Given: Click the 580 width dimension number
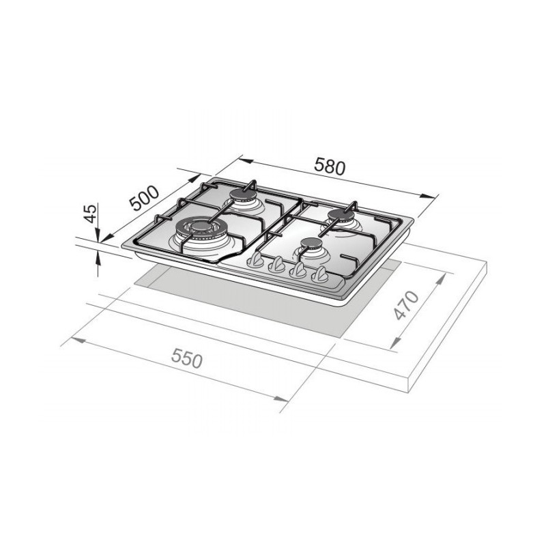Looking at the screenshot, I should tap(330, 166).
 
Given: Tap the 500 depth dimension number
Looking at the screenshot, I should tap(145, 198).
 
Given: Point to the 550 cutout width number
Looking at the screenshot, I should tap(187, 358).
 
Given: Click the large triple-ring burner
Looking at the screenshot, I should tap(199, 228).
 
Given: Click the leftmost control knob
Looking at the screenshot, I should tap(256, 261).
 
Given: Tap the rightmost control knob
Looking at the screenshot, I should tap(319, 276).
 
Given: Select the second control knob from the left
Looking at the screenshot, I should tap(277, 265).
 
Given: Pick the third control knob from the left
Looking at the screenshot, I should tap(298, 271).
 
